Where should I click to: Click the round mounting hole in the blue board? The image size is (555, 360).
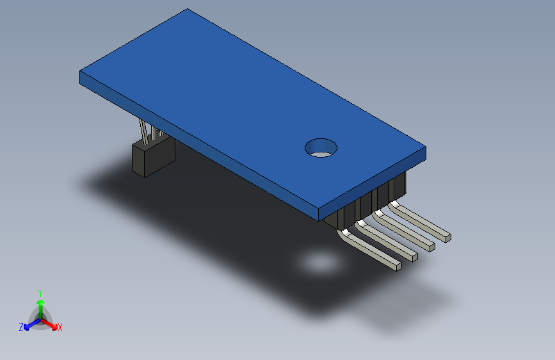pyautogui.click(x=321, y=147)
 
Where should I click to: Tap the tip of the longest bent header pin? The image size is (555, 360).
pyautogui.click(x=398, y=265)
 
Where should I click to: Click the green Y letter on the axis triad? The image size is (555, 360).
pyautogui.click(x=40, y=292)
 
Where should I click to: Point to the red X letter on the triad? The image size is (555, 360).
pyautogui.click(x=60, y=327)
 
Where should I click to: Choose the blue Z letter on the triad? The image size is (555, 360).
pyautogui.click(x=21, y=327)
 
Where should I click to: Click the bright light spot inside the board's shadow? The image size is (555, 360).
pyautogui.click(x=318, y=262)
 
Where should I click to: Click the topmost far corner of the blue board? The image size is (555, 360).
pyautogui.click(x=188, y=9)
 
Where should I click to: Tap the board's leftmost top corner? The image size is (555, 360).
pyautogui.click(x=80, y=71)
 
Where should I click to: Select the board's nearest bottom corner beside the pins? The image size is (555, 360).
pyautogui.click(x=318, y=220)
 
